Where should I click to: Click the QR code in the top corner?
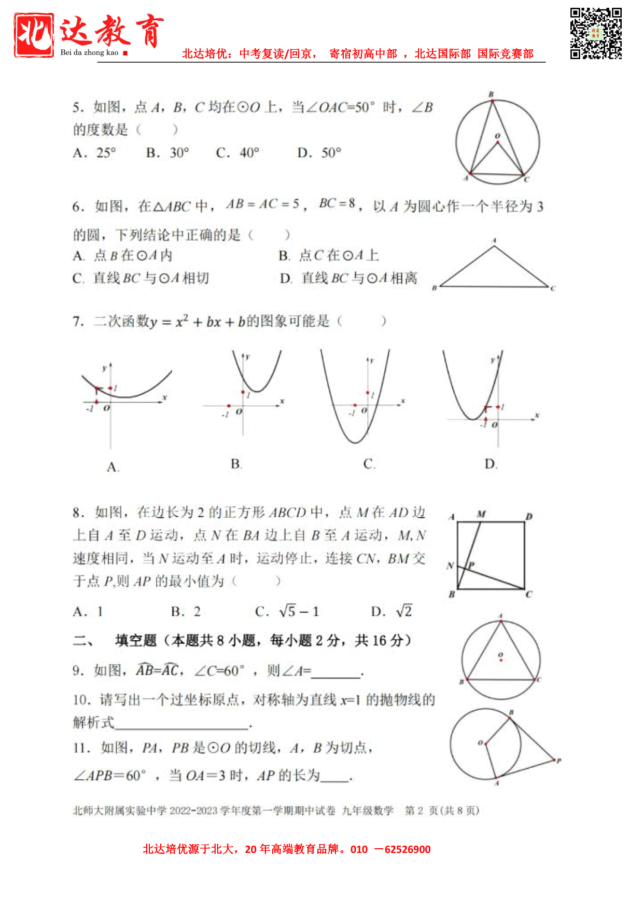click(x=596, y=33)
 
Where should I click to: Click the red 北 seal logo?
click(x=34, y=35)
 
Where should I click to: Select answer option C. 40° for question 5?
click(x=237, y=153)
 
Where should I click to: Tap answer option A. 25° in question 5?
click(x=94, y=153)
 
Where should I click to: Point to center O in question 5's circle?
click(x=497, y=142)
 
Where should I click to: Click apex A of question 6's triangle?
click(x=494, y=246)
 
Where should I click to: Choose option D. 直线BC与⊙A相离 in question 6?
click(x=348, y=279)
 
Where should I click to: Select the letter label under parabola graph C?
click(x=369, y=464)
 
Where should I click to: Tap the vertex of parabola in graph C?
click(x=356, y=443)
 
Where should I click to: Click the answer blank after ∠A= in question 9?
click(x=336, y=672)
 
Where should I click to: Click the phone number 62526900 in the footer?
click(x=408, y=849)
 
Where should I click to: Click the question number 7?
click(x=78, y=322)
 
